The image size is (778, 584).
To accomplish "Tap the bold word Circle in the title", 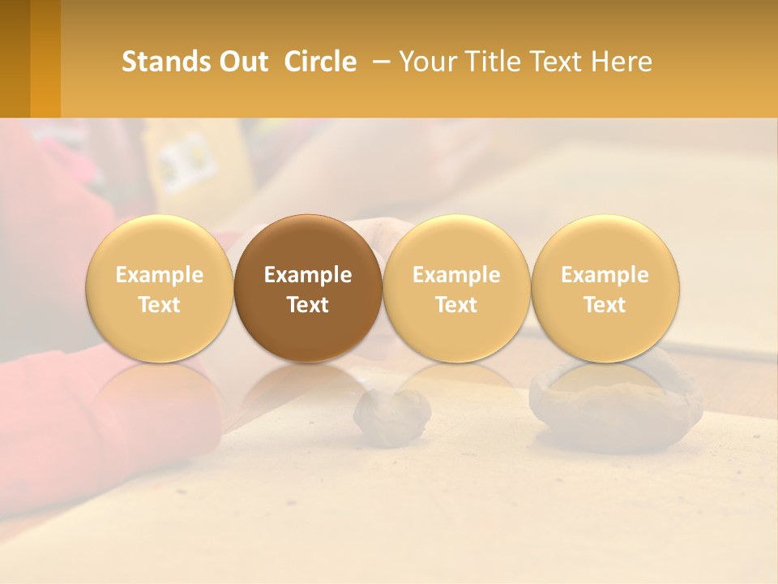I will [x=320, y=62].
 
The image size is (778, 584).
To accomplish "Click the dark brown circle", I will [x=308, y=288].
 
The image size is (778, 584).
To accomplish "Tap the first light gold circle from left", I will [x=159, y=288].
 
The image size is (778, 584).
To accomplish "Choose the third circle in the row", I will [x=456, y=288].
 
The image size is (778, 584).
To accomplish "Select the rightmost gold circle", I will [x=605, y=288].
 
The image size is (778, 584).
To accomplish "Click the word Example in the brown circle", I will [x=308, y=275].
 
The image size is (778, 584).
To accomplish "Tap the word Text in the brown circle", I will [x=308, y=305].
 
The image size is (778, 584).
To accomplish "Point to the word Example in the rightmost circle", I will [x=605, y=275].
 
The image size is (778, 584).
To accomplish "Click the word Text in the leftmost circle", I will [x=159, y=305].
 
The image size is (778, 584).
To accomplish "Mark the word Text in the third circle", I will [x=456, y=305].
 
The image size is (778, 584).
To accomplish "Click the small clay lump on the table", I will [x=393, y=415].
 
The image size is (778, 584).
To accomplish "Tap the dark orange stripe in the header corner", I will [x=45, y=58].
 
